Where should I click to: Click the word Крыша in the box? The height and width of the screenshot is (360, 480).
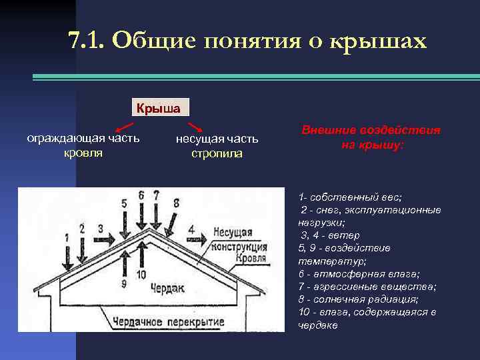158,108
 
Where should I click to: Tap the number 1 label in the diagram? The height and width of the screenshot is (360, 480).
67,237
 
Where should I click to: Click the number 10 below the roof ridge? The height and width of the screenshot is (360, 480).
141,275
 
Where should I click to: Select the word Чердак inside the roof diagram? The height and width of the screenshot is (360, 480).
167,287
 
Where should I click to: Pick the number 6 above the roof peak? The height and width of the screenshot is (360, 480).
141,195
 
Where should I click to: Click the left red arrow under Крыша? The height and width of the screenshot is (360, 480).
124,127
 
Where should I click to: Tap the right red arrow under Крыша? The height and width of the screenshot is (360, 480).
195,127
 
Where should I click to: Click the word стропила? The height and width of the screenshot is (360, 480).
216,154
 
